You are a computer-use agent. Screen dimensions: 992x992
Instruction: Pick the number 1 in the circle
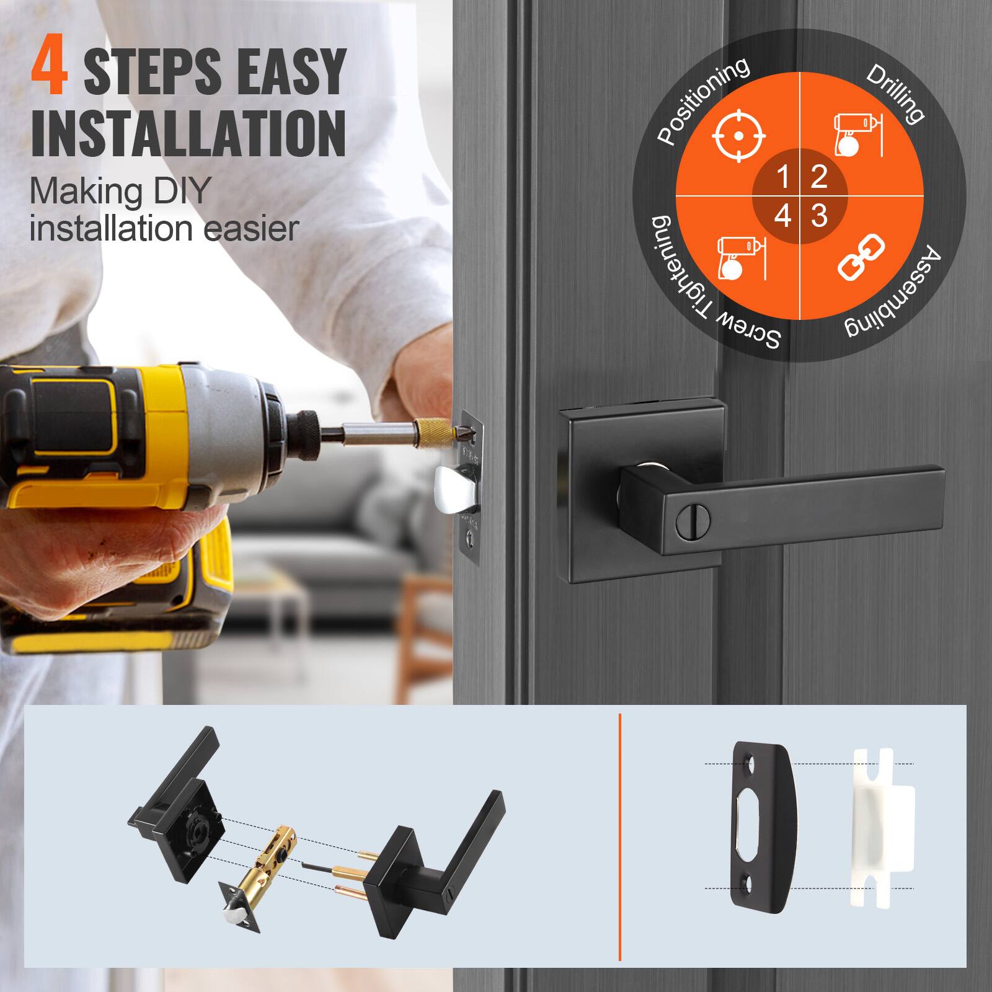coord(782,177)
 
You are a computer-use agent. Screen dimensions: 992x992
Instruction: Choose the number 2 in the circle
coord(818,177)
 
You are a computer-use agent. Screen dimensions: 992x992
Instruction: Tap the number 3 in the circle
coord(819,216)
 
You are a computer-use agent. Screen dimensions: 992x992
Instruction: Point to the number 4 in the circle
coord(782,216)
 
